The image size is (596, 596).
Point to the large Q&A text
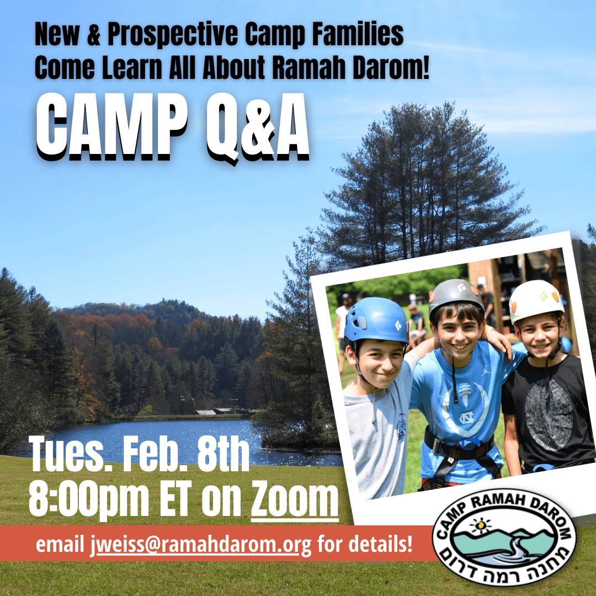258,129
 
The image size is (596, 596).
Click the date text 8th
223,454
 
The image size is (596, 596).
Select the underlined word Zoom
295,499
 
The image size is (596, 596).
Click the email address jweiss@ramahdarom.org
201,545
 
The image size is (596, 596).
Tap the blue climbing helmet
376,320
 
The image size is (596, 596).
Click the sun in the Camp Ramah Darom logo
480,525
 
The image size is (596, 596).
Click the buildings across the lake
220,411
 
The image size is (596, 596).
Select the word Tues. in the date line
71,455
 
